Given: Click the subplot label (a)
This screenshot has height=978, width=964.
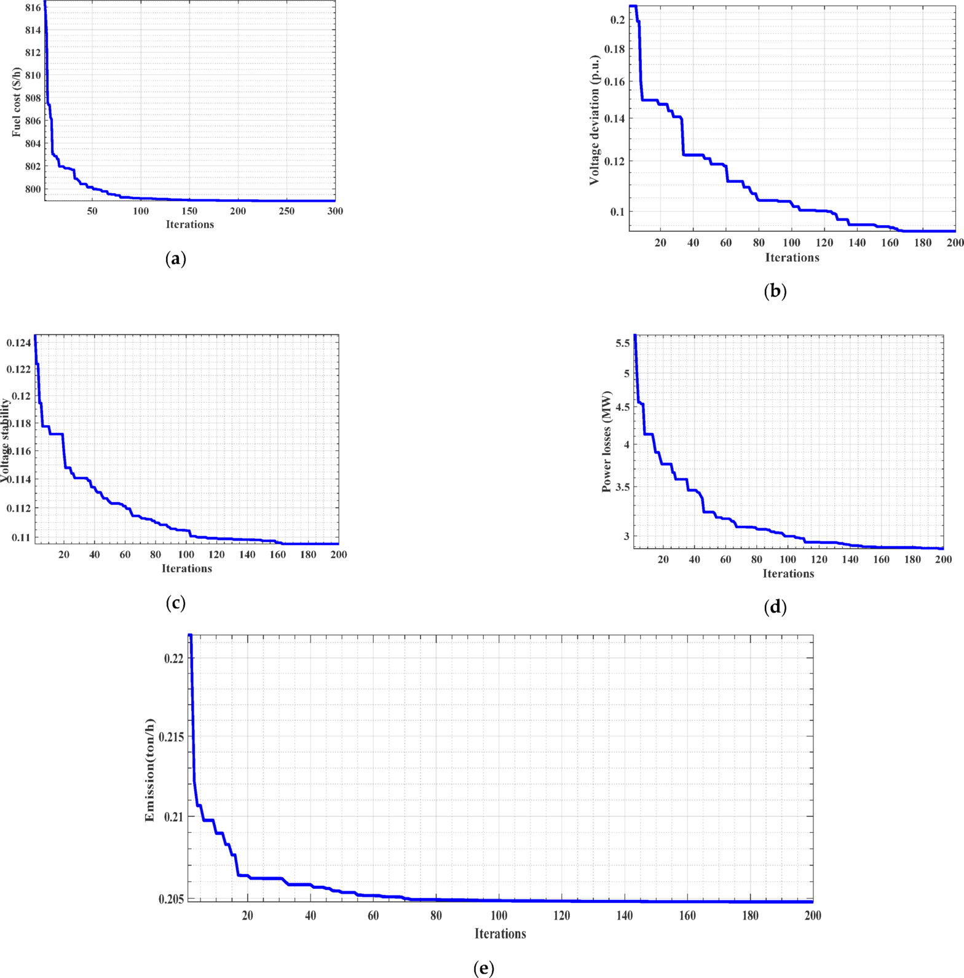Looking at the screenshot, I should point(176,258).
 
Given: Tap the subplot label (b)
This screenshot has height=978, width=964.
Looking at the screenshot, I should point(775,291).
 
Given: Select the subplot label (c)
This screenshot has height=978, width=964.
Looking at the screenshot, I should point(176,602).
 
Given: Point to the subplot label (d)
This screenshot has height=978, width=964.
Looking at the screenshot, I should point(775,607).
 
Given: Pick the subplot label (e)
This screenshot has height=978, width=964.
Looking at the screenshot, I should point(484,968).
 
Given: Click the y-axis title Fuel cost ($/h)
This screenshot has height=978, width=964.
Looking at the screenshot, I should point(17,102).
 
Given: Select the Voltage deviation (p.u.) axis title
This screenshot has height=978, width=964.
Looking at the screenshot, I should point(594,120).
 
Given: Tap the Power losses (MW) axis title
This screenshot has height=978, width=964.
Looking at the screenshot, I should point(607,441).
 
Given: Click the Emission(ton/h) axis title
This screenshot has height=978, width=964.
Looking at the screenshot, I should point(149,770).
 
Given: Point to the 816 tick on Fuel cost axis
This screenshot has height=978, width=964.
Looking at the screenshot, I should point(33,7).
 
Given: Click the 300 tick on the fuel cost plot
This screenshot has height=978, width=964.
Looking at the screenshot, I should point(335,211).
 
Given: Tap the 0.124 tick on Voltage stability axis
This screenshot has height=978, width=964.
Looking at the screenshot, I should point(18,343).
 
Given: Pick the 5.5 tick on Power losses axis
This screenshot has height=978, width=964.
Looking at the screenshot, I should point(623,343).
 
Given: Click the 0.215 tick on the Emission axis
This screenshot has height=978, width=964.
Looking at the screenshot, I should point(173,736).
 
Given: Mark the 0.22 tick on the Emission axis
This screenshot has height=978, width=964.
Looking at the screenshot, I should point(174,658).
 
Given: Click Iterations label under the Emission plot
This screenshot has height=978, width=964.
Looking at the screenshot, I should point(500,934).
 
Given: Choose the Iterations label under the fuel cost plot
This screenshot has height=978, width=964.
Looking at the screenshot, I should point(190,225).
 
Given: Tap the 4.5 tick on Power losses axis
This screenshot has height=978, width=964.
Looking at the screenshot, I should point(623,407).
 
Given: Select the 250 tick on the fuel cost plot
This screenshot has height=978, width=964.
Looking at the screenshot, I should point(286,211).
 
